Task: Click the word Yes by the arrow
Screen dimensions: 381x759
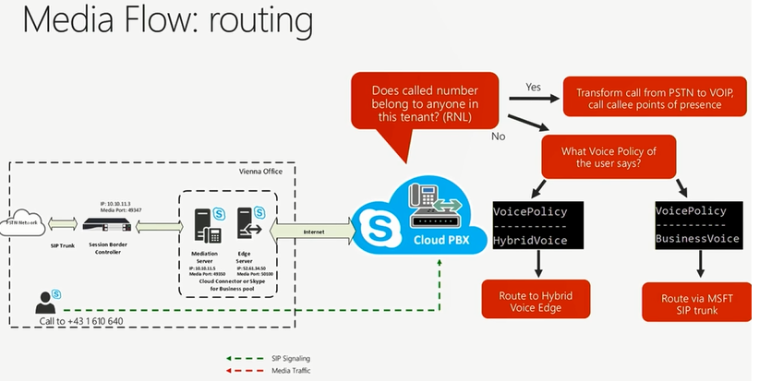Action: pos(534,86)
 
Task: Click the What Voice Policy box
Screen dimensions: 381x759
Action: pos(607,154)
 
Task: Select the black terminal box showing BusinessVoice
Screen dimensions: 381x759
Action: pos(698,224)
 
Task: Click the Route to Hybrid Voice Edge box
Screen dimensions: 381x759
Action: pos(536,303)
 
